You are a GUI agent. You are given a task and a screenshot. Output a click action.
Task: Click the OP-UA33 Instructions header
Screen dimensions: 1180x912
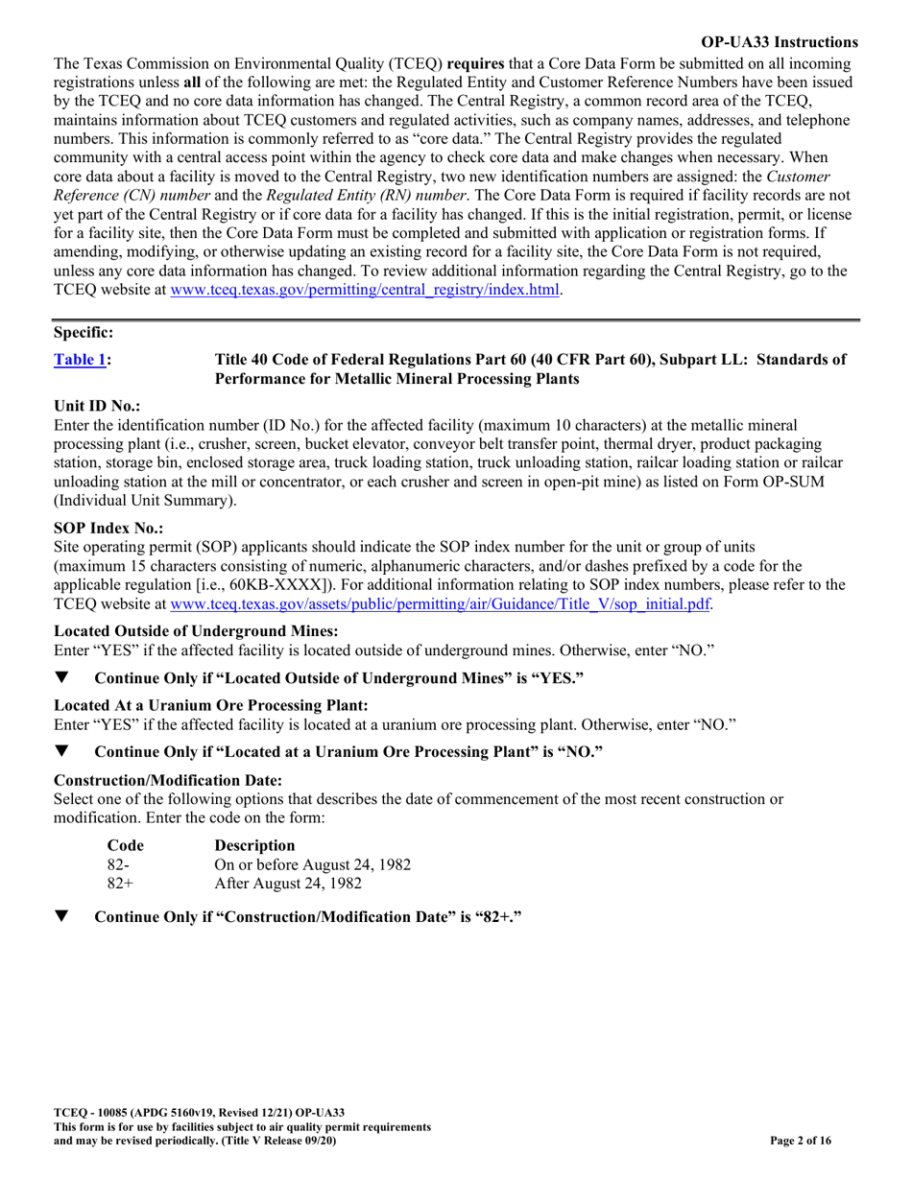780,42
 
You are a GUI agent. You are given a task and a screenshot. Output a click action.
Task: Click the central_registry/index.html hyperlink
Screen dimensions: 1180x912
365,290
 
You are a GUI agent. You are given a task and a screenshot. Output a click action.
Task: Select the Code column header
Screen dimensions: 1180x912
124,845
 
